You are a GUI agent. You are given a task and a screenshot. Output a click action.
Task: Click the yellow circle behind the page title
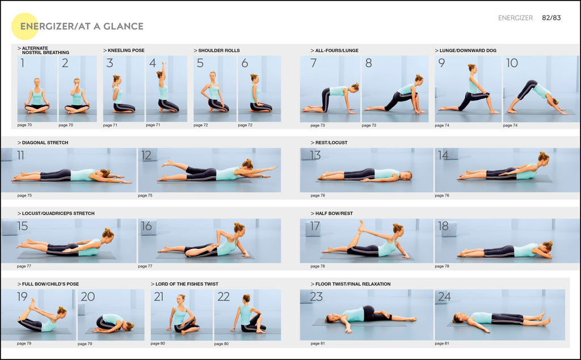24,26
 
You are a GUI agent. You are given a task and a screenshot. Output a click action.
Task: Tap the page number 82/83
551,18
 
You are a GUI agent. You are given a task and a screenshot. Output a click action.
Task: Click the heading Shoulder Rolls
218,50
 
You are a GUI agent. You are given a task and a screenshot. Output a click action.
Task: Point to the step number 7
313,63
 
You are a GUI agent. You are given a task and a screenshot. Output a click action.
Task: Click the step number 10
512,63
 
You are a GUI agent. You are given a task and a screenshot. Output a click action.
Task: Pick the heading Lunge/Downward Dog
468,50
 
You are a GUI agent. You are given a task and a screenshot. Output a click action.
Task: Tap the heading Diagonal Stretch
45,143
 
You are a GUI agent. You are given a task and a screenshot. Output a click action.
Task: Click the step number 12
146,155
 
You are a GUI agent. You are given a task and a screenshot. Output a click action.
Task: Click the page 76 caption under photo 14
442,196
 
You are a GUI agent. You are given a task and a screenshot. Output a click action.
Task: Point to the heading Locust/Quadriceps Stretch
58,214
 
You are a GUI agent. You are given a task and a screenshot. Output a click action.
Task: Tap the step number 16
146,226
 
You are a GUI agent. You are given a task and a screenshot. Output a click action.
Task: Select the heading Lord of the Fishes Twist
187,284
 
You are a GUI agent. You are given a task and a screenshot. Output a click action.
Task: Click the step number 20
87,297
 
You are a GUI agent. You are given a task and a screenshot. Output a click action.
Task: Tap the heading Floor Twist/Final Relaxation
352,284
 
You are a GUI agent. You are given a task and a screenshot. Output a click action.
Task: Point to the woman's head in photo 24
457,317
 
